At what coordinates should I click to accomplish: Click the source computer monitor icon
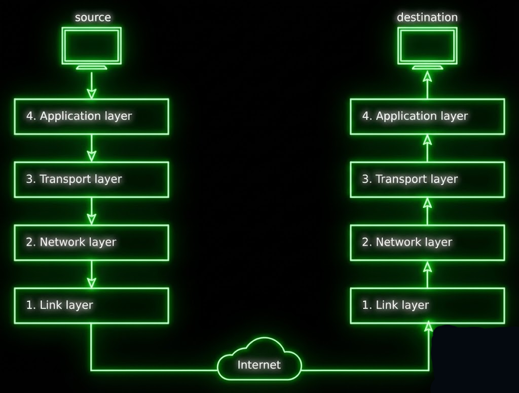[x=91, y=47]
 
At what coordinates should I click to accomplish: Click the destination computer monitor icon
[x=427, y=47]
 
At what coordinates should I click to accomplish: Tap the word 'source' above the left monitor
[x=93, y=17]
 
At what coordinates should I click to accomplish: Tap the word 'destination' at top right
[x=427, y=17]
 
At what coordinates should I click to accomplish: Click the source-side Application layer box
[x=91, y=117]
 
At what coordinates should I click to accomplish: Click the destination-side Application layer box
[x=427, y=117]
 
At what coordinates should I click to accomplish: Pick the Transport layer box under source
[x=91, y=180]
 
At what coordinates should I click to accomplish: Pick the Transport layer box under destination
[x=427, y=180]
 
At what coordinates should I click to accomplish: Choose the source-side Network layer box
[x=91, y=242]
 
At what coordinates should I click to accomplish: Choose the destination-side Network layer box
[x=427, y=242]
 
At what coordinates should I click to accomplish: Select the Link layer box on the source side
[x=91, y=305]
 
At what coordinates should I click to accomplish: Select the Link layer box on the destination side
[x=427, y=305]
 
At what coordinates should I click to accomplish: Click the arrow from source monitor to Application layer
[x=91, y=85]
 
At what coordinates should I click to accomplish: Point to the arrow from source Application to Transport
[x=91, y=148]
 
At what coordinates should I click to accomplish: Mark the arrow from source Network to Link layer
[x=91, y=274]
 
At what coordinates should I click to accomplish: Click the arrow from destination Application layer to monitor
[x=427, y=84]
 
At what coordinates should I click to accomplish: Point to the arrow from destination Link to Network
[x=427, y=274]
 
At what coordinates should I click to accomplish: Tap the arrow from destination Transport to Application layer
[x=427, y=148]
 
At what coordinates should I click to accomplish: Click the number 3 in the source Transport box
[x=29, y=180]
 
